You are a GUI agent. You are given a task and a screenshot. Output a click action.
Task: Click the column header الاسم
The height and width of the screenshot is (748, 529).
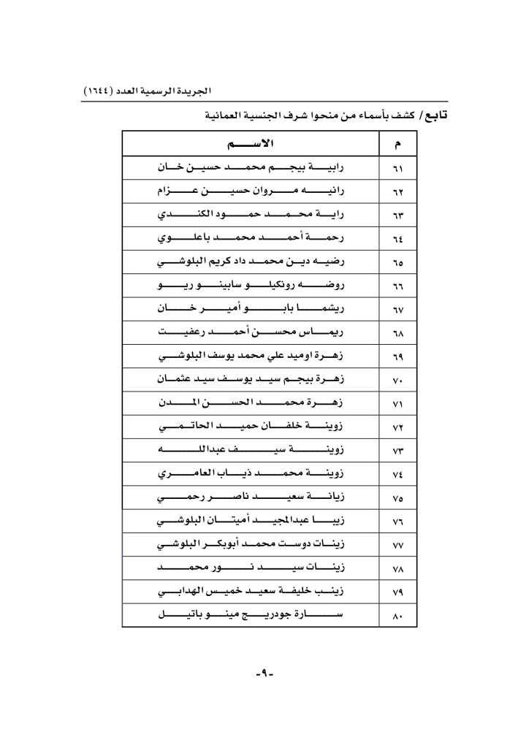[x=251, y=144]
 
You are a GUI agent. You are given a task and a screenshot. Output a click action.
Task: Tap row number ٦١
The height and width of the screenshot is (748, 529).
[x=397, y=168]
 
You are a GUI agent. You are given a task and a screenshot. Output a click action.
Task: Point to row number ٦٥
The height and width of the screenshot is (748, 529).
[x=397, y=263]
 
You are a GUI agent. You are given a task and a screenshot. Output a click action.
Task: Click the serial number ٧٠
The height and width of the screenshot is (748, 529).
[x=397, y=381]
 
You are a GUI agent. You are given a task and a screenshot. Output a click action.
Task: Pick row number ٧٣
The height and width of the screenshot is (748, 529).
[x=397, y=451]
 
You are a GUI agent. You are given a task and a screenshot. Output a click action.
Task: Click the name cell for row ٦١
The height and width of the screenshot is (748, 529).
[x=251, y=167]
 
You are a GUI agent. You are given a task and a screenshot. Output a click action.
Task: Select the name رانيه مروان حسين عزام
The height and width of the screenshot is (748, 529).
[x=251, y=191]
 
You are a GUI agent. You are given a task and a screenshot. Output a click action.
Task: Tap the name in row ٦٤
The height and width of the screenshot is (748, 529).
[x=251, y=238]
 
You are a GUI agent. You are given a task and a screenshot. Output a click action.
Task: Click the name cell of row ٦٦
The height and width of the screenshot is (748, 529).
[x=251, y=286]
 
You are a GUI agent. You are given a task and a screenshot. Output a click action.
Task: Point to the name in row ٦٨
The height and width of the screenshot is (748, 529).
[x=251, y=332]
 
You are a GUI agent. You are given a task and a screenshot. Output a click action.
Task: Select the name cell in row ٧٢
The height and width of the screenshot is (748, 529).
[x=251, y=427]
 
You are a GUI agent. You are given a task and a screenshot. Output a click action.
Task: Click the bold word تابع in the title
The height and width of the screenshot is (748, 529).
[x=434, y=115]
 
